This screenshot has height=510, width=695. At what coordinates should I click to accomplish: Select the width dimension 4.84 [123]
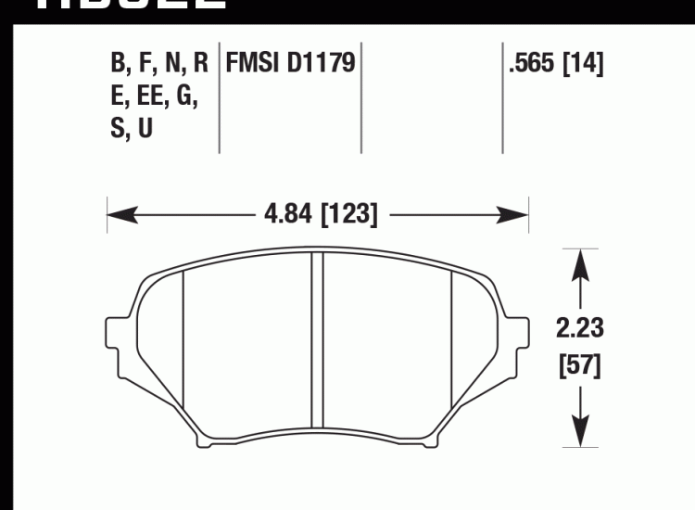click(x=320, y=216)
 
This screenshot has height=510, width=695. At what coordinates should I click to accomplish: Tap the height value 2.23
click(x=580, y=329)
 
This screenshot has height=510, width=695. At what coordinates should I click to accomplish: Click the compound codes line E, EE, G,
click(x=154, y=97)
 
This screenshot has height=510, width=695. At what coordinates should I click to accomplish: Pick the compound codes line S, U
click(x=132, y=130)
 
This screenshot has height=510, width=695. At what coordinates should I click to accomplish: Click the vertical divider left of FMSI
click(x=219, y=97)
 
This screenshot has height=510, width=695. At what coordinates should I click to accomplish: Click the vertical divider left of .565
click(x=502, y=97)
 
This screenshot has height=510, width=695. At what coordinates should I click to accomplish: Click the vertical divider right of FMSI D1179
click(x=360, y=97)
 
